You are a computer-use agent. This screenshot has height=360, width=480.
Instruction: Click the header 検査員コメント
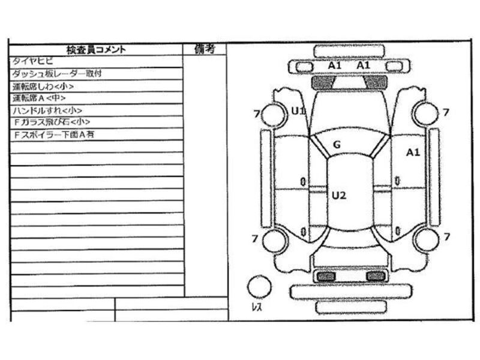click(x=96, y=50)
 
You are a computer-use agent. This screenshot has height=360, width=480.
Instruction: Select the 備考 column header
click(x=205, y=49)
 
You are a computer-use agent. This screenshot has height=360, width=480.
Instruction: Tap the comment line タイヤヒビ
click(x=33, y=61)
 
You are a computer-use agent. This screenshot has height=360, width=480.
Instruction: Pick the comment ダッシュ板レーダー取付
click(x=57, y=74)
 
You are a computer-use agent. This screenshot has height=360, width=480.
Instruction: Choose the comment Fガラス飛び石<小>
click(x=51, y=122)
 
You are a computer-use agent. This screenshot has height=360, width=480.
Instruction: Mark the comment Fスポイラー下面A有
click(x=54, y=134)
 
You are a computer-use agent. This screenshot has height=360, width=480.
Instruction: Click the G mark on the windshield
click(x=337, y=144)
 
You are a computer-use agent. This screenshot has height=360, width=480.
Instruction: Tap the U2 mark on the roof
click(x=339, y=194)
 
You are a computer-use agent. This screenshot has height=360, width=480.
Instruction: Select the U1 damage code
click(x=298, y=110)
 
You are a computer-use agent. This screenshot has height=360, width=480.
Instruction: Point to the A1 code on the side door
click(x=413, y=152)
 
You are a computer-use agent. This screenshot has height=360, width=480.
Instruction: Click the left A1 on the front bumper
click(x=335, y=65)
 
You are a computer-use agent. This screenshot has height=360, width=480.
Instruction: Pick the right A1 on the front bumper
click(x=364, y=65)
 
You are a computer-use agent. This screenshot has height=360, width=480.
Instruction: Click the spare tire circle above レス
click(x=260, y=286)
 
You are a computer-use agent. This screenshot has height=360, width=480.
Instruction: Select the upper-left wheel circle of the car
click(x=274, y=113)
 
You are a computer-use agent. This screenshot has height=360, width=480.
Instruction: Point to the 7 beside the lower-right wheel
click(x=446, y=238)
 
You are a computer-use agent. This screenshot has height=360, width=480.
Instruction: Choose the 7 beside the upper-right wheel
click(x=446, y=112)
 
